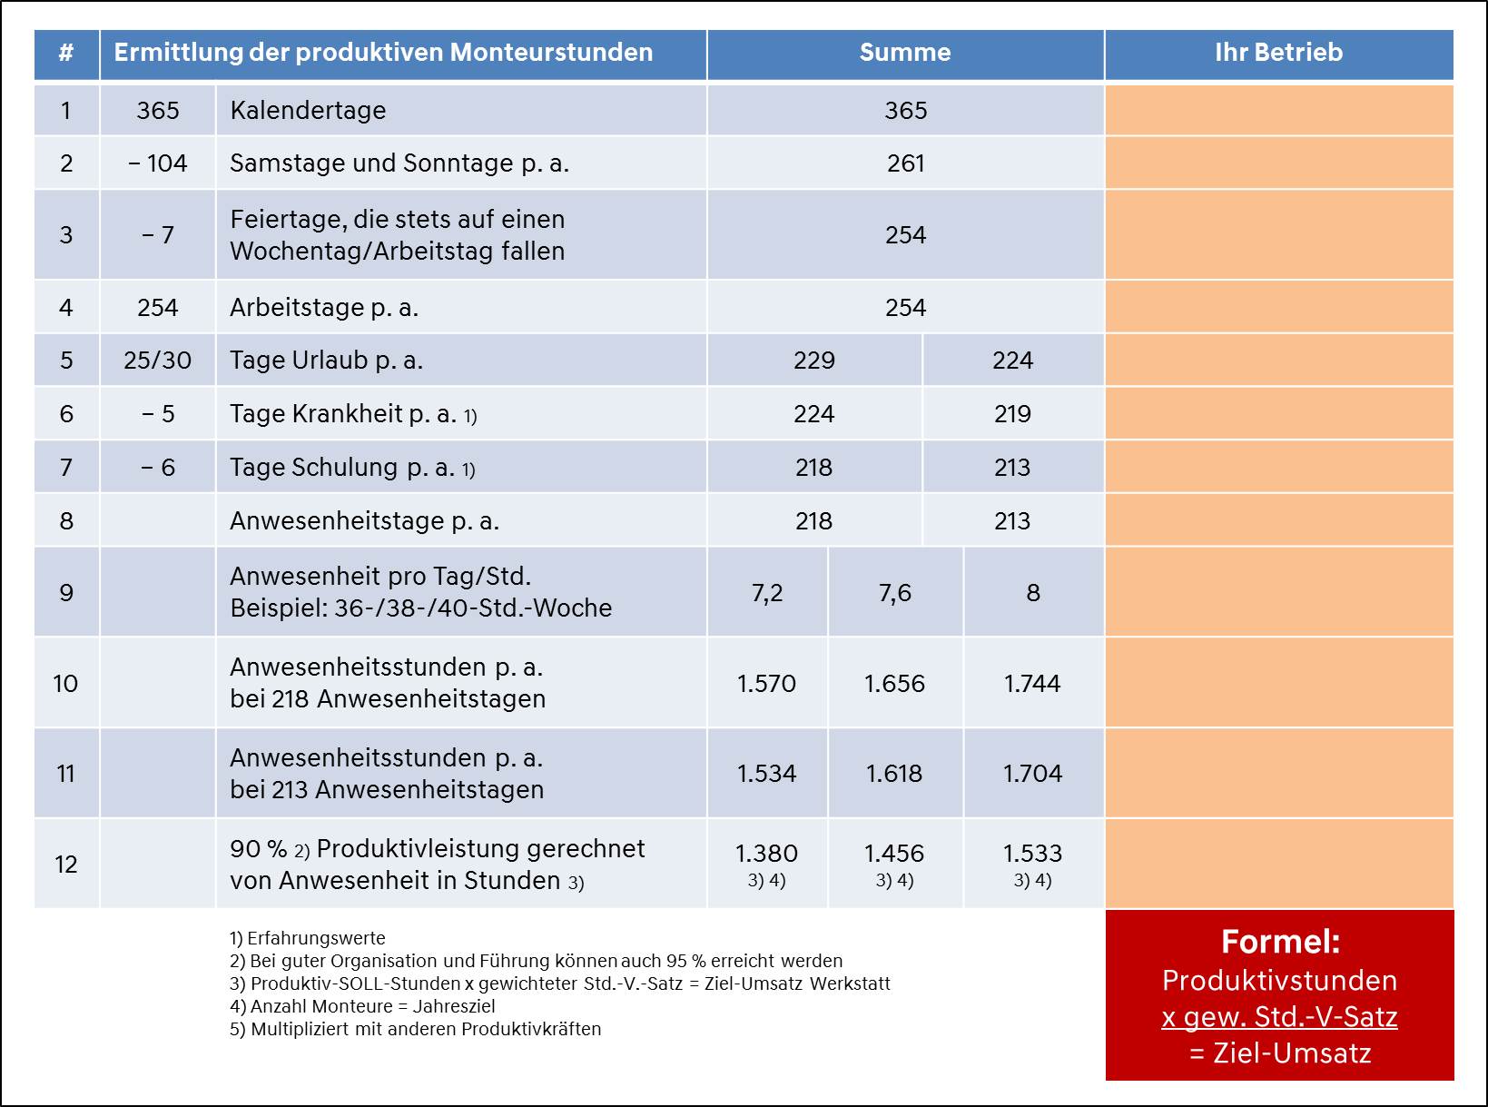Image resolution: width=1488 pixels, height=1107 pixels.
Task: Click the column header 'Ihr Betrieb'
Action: pyautogui.click(x=1278, y=53)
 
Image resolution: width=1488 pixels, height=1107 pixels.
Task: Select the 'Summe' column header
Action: pyautogui.click(x=905, y=53)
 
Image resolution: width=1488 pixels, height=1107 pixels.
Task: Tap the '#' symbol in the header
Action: pyautogui.click(x=65, y=53)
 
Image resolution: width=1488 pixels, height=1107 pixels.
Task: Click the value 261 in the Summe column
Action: pyautogui.click(x=905, y=163)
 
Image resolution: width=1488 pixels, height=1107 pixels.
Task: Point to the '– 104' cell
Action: pyautogui.click(x=158, y=163)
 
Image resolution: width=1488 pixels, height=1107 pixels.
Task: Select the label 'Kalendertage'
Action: pyautogui.click(x=308, y=110)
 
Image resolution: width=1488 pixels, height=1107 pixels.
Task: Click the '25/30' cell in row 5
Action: pyautogui.click(x=158, y=361)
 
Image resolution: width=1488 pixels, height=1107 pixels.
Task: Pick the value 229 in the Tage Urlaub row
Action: pyautogui.click(x=813, y=361)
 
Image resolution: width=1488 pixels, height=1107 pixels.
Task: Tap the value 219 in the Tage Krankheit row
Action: pyautogui.click(x=1012, y=413)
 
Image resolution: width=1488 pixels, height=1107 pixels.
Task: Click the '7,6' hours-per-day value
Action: pyautogui.click(x=895, y=593)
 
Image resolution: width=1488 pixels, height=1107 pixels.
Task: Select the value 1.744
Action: pyautogui.click(x=1032, y=684)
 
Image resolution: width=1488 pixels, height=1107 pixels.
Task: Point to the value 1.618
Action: pyautogui.click(x=894, y=774)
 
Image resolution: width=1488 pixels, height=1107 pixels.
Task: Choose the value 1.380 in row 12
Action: pyautogui.click(x=766, y=854)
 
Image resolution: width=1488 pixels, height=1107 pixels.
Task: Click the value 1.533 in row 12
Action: pyautogui.click(x=1032, y=854)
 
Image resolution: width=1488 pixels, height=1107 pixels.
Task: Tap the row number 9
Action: pyautogui.click(x=65, y=593)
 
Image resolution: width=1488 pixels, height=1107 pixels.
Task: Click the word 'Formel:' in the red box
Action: pyautogui.click(x=1280, y=941)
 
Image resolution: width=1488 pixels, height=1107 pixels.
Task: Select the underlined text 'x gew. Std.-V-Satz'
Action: pyautogui.click(x=1279, y=1017)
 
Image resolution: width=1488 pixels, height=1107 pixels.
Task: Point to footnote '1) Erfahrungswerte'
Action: pyautogui.click(x=307, y=938)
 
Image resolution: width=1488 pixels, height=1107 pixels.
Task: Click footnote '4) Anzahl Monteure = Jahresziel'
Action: pyautogui.click(x=362, y=1006)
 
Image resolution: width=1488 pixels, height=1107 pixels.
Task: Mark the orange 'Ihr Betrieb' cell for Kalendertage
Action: pyautogui.click(x=1279, y=110)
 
